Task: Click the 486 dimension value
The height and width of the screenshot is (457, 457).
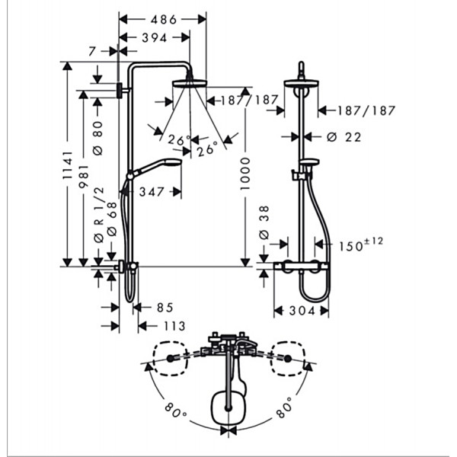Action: pyautogui.click(x=164, y=20)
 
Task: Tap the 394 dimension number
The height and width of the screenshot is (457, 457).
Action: pyautogui.click(x=154, y=38)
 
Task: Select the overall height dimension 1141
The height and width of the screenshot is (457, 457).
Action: pyautogui.click(x=68, y=165)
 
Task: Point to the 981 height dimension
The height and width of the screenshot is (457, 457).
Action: pyautogui.click(x=84, y=177)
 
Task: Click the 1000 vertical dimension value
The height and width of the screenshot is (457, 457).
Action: pyautogui.click(x=245, y=174)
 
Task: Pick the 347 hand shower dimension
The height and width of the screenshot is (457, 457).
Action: pyautogui.click(x=152, y=192)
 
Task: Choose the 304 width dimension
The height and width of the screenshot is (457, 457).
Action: pyautogui.click(x=302, y=311)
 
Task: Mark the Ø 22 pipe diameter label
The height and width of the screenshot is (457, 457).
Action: pyautogui.click(x=344, y=137)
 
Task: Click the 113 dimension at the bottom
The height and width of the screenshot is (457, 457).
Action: pyautogui.click(x=174, y=326)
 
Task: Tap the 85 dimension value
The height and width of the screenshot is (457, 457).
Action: pyautogui.click(x=165, y=308)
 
